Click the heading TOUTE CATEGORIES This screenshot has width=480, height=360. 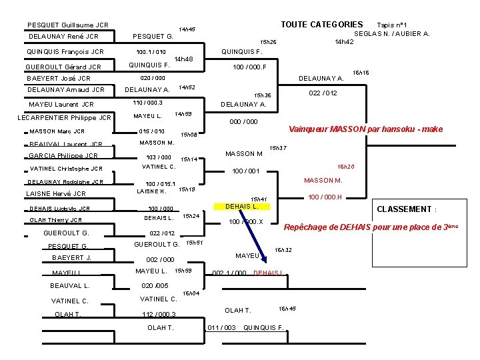(321, 25)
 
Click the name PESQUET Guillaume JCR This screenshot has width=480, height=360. (68, 25)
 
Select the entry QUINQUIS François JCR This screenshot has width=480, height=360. (65, 51)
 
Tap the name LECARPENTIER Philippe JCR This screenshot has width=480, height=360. (64, 118)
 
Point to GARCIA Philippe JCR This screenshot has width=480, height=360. (63, 156)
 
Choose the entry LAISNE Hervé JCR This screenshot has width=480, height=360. (55, 194)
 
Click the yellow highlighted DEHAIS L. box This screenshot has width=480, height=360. (242, 206)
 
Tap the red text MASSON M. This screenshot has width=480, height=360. (323, 181)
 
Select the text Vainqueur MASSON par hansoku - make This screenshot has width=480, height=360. (365, 129)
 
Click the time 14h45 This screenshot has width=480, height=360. (187, 30)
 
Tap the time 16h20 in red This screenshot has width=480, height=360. (346, 167)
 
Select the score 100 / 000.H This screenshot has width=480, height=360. (325, 197)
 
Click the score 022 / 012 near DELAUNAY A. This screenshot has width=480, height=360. (323, 93)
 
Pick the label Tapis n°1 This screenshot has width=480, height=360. (392, 25)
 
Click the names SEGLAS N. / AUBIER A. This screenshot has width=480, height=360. (391, 33)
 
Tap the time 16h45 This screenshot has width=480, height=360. (287, 309)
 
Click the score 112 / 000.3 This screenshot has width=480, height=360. (159, 314)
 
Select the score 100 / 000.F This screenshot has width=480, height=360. (249, 67)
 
